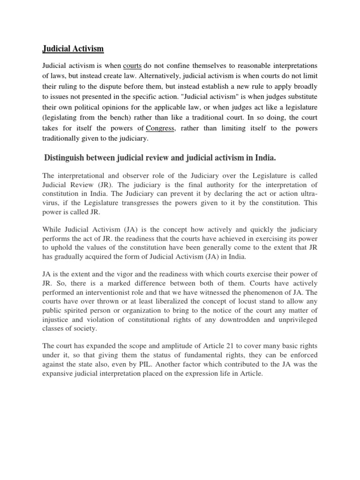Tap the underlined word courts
pyautogui.click(x=133, y=66)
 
